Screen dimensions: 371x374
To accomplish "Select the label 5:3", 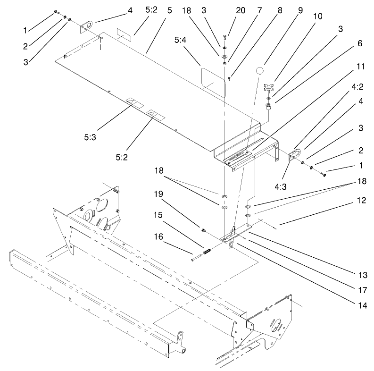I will coord(90,138).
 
